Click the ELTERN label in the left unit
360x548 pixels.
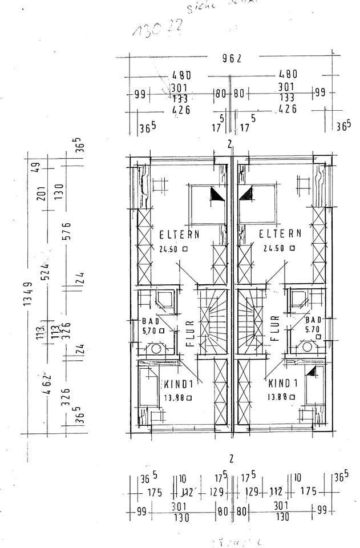pyautogui.click(x=180, y=234)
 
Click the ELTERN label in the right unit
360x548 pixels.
pyautogui.click(x=280, y=234)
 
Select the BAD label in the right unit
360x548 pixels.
pyautogui.click(x=313, y=320)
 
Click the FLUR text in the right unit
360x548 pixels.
pyautogui.click(x=274, y=329)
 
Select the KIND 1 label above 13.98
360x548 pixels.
pyautogui.click(x=180, y=384)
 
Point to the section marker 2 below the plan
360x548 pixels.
pyautogui.click(x=231, y=458)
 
